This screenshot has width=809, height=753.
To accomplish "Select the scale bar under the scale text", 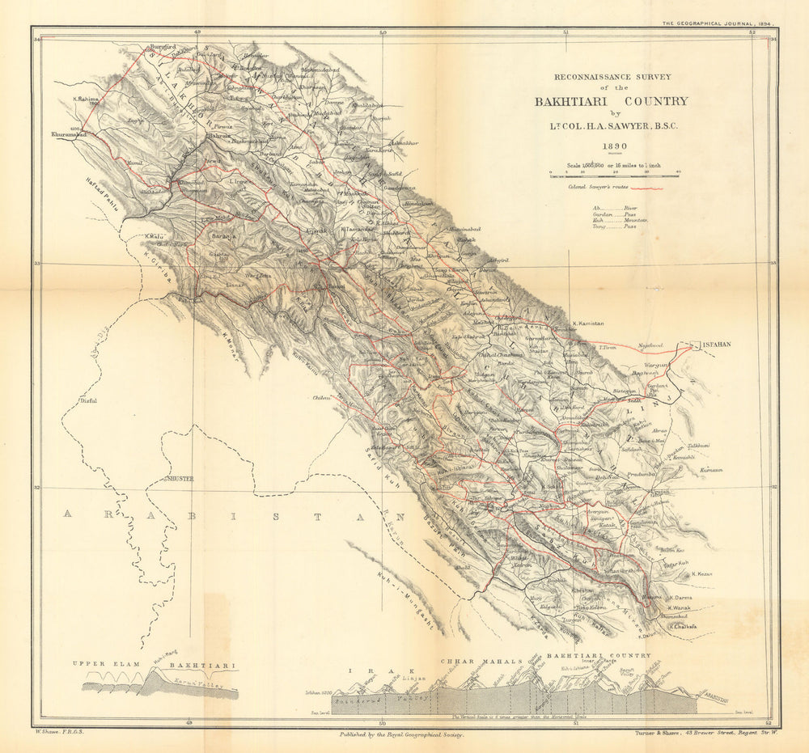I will (x=614, y=174).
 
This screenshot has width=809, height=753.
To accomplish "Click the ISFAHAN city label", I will (x=716, y=344).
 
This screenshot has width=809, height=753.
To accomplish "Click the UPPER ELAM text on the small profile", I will (x=101, y=664).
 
